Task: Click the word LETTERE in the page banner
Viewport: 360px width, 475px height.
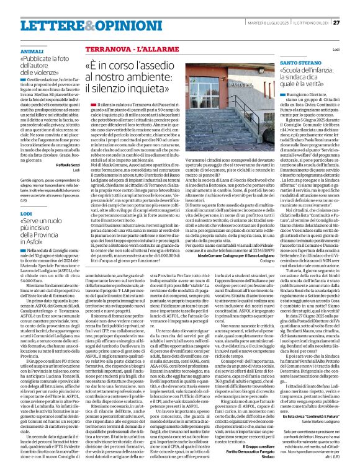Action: tap(40, 23)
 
